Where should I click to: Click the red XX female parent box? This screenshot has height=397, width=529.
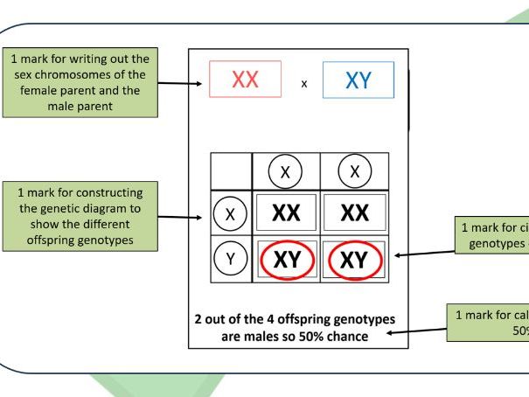tap(245, 80)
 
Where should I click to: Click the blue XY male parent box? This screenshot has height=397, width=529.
tap(358, 80)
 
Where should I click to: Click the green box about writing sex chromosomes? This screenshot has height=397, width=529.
tap(78, 83)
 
